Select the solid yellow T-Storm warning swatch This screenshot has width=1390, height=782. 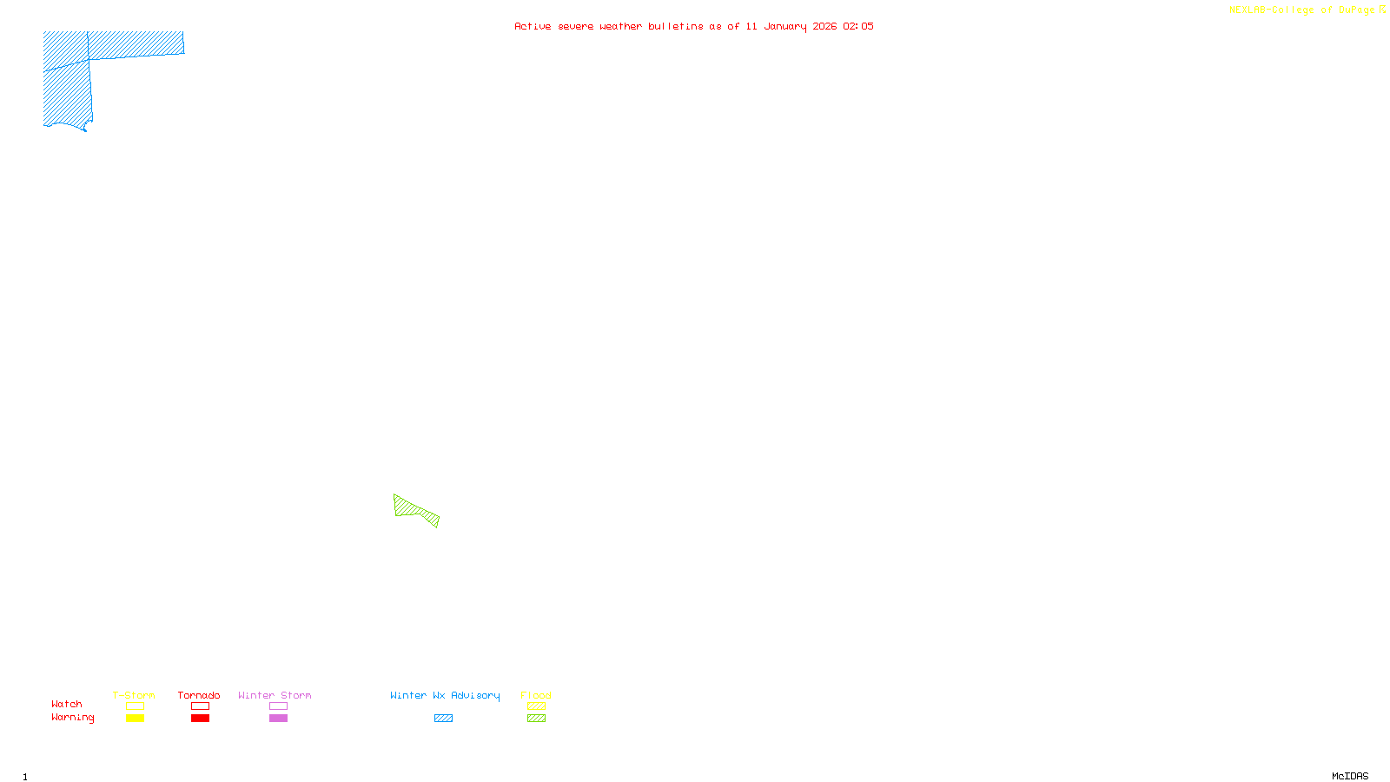click(x=135, y=719)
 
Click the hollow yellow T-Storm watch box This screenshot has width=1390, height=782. click(x=135, y=706)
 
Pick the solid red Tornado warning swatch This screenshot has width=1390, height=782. click(x=200, y=719)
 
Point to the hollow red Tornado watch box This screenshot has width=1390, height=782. click(x=200, y=706)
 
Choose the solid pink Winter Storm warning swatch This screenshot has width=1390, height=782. click(x=278, y=719)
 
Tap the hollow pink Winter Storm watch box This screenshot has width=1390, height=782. click(x=278, y=706)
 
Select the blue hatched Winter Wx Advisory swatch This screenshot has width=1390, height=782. click(x=443, y=719)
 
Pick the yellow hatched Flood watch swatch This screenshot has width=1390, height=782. click(x=536, y=706)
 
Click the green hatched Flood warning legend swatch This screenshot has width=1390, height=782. click(x=536, y=719)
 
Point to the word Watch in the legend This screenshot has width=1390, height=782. click(x=67, y=704)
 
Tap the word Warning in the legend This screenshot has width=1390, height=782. click(x=72, y=718)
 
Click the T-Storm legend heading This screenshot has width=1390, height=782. click(x=134, y=695)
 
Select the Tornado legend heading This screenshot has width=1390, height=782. click(x=199, y=695)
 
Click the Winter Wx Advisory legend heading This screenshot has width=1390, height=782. click(x=445, y=695)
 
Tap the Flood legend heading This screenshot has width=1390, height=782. click(x=536, y=695)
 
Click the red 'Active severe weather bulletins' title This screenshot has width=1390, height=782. click(x=694, y=26)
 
